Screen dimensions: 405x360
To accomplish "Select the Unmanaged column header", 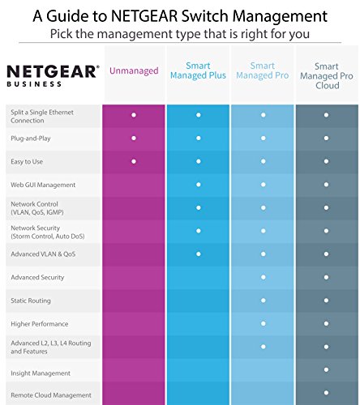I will click(134, 72).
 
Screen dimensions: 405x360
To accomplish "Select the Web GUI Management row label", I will click(44, 185).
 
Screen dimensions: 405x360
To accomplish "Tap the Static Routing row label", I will click(31, 301).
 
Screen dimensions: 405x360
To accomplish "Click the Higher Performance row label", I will click(38, 324).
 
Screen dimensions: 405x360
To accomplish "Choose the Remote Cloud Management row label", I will click(49, 395).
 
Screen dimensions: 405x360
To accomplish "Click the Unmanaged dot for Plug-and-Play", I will click(134, 139).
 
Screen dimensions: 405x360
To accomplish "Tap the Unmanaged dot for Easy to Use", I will click(134, 162).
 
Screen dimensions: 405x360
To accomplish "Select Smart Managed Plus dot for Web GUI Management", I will click(198, 185).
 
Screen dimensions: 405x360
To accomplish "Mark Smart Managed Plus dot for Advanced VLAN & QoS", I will click(198, 254).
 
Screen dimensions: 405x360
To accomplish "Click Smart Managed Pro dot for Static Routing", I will click(262, 301).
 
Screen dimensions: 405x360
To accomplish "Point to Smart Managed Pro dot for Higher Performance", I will click(262, 324).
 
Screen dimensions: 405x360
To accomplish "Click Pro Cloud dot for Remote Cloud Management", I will click(327, 395).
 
